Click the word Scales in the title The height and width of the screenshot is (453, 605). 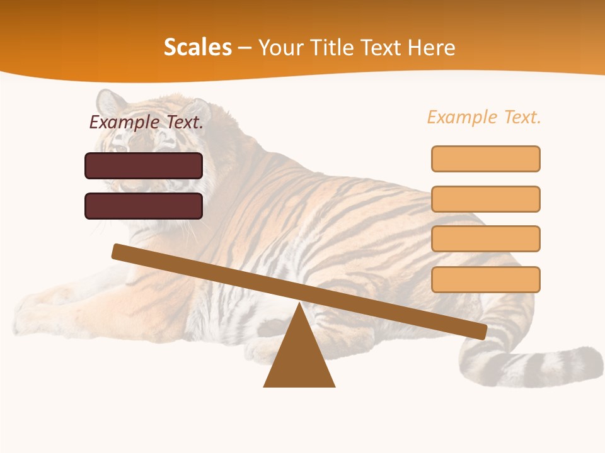coord(198,47)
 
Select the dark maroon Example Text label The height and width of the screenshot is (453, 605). coord(146,122)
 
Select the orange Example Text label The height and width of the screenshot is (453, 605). coord(484,117)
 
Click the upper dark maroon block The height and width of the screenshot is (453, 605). coord(144,165)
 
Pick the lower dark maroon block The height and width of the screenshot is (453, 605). coord(144,206)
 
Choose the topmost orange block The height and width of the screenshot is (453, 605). coord(486,159)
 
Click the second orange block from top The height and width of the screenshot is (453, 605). coord(486,199)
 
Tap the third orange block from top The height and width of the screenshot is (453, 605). coord(486,239)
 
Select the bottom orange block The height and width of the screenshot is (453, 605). coord(486,279)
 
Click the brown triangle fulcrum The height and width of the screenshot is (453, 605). coord(299,359)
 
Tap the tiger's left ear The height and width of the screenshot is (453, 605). coord(109,101)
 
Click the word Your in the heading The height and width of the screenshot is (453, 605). coord(279,47)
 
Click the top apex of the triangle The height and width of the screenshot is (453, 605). coord(300,306)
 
